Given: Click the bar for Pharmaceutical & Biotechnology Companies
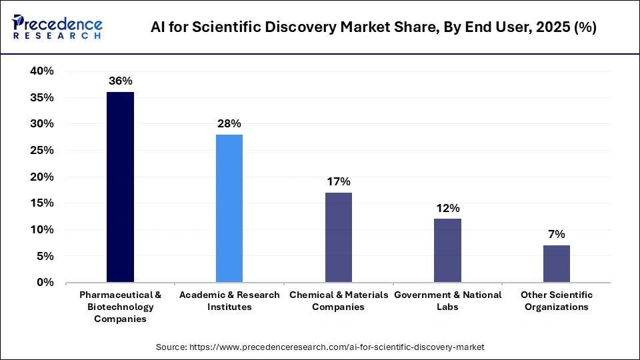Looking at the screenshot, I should point(120,187).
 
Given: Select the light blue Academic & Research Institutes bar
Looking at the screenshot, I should point(229,209).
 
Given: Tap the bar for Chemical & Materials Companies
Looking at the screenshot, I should point(338,237).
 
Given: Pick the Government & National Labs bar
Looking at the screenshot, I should point(447,251).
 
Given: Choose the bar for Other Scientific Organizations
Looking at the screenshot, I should point(556,264).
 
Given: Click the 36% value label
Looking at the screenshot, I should point(120,81).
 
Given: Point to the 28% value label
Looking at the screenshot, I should point(229,123).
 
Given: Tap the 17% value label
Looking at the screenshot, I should point(338,181).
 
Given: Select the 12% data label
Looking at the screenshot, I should point(447,208).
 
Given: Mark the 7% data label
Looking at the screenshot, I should point(556,234).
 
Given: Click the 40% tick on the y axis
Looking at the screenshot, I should point(41,71).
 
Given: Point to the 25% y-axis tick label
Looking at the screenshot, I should point(41,151).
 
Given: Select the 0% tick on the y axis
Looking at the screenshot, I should point(45,283).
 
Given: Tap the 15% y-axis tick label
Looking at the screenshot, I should point(41,203).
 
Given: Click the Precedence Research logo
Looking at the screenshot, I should point(57,27).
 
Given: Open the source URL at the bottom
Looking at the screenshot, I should point(320,347).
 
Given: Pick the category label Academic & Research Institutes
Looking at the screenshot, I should point(229,301).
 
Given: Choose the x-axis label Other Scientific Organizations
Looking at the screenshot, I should point(556,301).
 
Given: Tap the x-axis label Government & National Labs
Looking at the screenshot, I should point(447,301).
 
